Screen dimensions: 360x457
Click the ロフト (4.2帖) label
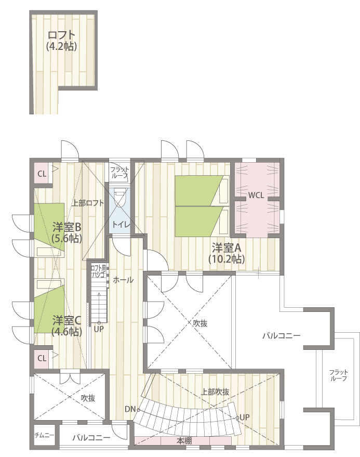62,41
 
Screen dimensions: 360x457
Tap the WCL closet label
256,195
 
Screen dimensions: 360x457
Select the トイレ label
121,225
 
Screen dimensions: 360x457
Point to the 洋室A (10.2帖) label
226,253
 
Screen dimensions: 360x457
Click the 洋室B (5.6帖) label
66,232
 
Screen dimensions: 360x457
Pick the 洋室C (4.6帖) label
66,326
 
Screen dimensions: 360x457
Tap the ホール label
123,280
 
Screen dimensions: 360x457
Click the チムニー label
44,436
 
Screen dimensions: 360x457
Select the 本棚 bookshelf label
184,441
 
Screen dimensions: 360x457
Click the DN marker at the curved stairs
130,409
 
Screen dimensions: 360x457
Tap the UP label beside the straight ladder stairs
99,329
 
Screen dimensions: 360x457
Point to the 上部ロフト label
88,203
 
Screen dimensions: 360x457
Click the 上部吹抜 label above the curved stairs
215,392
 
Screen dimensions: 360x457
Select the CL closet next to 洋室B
42,174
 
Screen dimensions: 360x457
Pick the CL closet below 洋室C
42,358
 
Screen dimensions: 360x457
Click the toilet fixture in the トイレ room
119,198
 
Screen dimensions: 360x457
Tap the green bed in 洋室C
49,309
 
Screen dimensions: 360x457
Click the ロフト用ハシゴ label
98,271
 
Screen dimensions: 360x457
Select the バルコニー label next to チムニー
91,437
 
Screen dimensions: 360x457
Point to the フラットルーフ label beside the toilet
119,173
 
